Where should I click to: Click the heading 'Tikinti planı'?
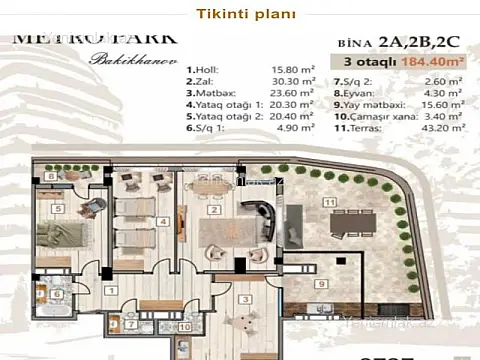click(240, 14)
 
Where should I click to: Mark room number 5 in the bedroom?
click(59, 209)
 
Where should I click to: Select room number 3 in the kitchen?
click(245, 299)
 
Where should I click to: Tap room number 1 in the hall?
click(113, 291)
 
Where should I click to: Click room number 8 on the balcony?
click(50, 177)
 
